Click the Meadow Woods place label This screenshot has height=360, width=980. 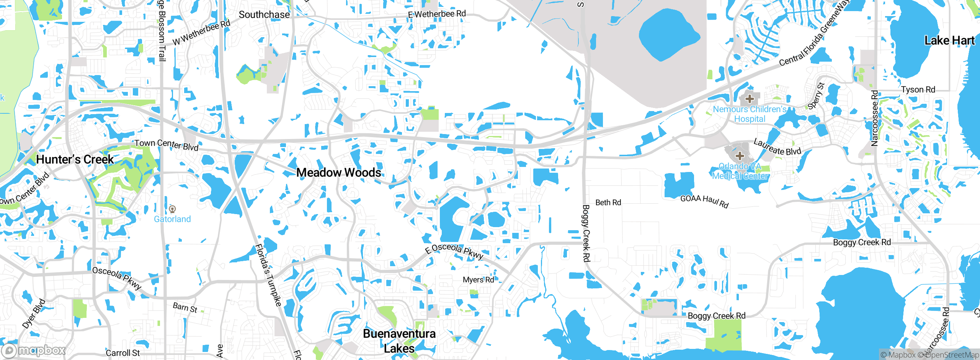(x=338, y=173)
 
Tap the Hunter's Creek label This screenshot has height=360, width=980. (x=75, y=159)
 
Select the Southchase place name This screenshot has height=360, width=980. (x=264, y=15)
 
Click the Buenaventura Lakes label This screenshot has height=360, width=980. (x=399, y=341)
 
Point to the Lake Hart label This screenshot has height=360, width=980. (x=949, y=41)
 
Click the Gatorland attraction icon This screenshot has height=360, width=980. (x=172, y=209)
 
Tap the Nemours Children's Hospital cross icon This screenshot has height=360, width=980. (x=750, y=99)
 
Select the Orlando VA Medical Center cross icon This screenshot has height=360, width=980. (x=740, y=156)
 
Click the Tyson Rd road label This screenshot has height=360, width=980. (x=918, y=90)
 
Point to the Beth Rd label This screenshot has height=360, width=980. (x=608, y=203)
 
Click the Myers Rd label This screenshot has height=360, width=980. (x=478, y=280)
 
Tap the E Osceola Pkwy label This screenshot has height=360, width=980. (x=454, y=251)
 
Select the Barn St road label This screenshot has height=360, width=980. (x=185, y=308)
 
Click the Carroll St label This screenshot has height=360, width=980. (x=122, y=353)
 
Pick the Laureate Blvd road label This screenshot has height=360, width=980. (x=777, y=147)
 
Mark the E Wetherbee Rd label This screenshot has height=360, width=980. (x=437, y=14)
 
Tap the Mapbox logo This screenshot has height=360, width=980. (x=34, y=350)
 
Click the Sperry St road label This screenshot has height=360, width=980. (x=816, y=96)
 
